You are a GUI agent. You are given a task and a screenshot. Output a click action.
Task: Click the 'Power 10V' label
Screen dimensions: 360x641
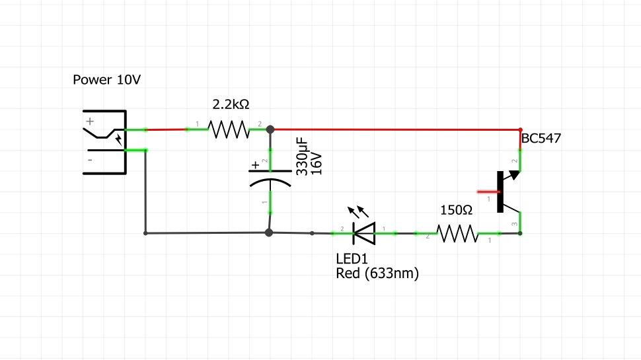click(x=106, y=80)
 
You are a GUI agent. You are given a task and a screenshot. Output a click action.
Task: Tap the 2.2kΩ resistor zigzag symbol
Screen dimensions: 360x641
click(x=228, y=129)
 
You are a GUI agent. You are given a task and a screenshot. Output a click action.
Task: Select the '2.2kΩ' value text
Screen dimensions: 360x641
click(x=231, y=104)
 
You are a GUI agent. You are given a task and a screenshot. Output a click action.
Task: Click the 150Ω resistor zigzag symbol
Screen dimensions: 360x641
click(x=457, y=233)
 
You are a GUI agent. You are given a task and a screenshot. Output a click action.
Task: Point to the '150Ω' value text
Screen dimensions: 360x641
click(x=457, y=210)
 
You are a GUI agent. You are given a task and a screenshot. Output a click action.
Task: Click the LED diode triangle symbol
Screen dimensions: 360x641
click(x=364, y=233)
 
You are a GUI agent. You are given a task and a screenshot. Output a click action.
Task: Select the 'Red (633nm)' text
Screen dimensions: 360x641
click(x=377, y=273)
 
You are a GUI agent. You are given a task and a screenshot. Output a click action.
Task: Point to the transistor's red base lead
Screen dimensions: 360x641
click(x=486, y=192)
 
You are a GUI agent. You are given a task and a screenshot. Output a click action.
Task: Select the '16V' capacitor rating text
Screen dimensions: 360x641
click(x=316, y=162)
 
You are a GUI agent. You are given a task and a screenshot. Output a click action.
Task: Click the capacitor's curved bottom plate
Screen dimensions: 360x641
click(x=270, y=183)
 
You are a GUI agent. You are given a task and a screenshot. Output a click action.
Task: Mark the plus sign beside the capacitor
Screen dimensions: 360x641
click(x=256, y=164)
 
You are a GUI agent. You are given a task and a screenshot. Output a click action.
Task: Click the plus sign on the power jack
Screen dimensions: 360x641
click(x=91, y=122)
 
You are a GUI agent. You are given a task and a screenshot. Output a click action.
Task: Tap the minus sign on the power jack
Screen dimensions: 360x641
click(x=91, y=159)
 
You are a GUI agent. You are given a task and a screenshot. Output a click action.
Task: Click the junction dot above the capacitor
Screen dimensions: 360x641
click(x=270, y=129)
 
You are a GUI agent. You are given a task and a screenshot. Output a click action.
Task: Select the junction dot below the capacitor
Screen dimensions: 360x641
click(x=269, y=233)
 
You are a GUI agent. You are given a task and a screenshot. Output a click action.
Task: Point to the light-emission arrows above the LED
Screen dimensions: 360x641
click(x=359, y=212)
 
